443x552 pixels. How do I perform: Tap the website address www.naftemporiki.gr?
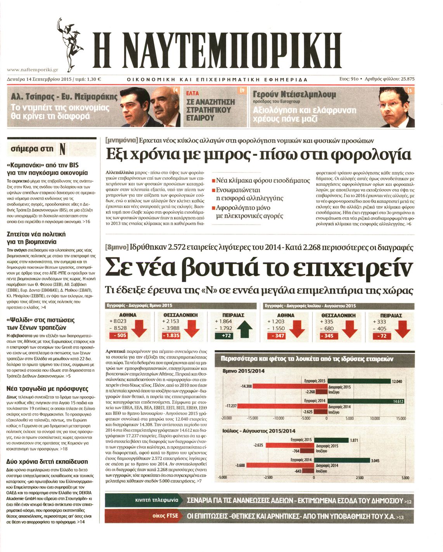[33, 70]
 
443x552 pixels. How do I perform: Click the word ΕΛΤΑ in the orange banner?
[193, 93]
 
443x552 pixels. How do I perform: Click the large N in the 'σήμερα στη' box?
[62, 149]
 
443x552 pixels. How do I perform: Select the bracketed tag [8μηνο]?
[117, 247]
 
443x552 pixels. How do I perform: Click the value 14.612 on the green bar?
[398, 401]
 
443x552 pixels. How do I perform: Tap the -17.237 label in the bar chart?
[231, 406]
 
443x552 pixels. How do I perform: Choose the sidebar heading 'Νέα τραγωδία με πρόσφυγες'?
[47, 389]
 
